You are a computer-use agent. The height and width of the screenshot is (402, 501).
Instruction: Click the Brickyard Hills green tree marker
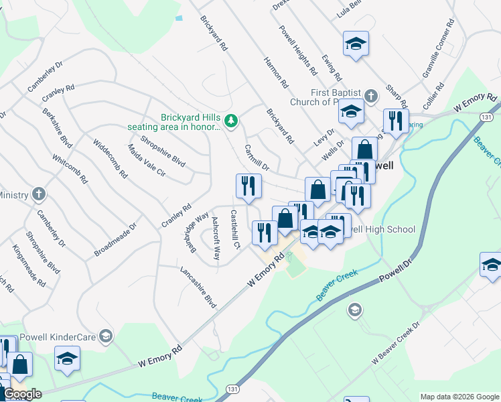coord(231,121)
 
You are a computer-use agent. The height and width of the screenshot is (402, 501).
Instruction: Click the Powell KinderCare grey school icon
coord(105,336)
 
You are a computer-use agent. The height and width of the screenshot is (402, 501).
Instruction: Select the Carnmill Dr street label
coord(257,157)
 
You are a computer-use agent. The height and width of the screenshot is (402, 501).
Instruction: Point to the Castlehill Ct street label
coord(234,230)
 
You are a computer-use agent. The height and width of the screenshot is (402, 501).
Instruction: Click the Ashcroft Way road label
coord(216,239)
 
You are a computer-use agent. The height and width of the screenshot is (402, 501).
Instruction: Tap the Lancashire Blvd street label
coord(199,286)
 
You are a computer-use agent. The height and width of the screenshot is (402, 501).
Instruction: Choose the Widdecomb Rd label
coord(110,157)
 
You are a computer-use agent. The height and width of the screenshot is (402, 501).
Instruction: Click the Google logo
coord(21,394)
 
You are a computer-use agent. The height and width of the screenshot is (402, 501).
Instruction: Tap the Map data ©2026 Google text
coord(459,396)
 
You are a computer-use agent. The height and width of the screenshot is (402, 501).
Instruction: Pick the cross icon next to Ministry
coord(39,195)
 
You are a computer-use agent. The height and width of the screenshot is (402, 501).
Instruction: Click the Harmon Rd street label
coord(276,73)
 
